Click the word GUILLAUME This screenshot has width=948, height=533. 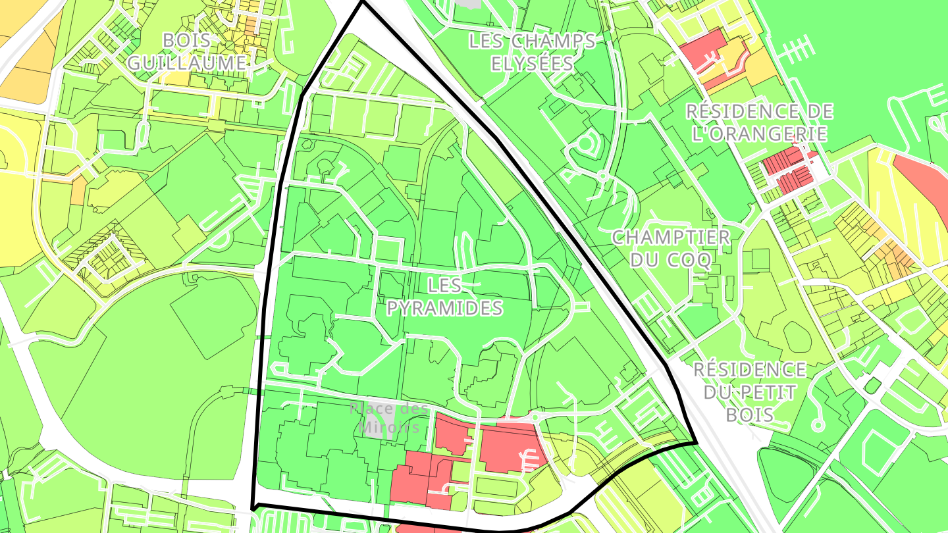click(186, 63)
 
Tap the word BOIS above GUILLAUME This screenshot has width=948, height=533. click(186, 41)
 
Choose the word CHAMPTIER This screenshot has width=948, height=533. click(671, 238)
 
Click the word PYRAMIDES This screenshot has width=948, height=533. click(444, 308)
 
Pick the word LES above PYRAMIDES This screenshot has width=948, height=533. click(444, 286)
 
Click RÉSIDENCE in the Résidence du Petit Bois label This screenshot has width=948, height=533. click(749, 369)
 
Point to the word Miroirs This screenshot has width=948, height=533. click(389, 427)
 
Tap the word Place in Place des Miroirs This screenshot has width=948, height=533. click(372, 409)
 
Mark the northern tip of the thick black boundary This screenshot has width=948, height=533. click(362, 3)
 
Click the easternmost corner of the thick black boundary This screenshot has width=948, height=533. click(696, 443)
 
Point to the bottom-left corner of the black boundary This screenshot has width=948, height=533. click(253, 507)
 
